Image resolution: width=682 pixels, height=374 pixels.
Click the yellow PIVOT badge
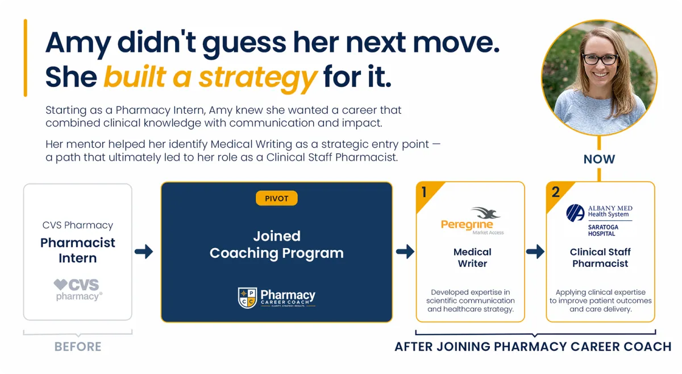(x=276, y=198)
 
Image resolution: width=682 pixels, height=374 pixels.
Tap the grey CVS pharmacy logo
(x=78, y=289)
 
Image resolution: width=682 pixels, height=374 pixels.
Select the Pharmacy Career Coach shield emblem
(x=247, y=298)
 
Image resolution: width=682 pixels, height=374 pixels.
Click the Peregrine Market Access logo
(x=472, y=221)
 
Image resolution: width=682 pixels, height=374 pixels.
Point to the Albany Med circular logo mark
(x=575, y=213)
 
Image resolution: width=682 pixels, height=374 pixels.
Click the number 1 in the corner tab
(x=424, y=192)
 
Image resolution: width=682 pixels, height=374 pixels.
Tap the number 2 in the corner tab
(x=556, y=192)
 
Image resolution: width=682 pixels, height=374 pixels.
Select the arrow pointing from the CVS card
(x=144, y=252)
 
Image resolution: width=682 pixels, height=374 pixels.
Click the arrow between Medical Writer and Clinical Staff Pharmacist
(x=535, y=252)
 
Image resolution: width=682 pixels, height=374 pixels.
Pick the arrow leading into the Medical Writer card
(x=405, y=252)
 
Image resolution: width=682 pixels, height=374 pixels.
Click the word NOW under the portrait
(x=599, y=159)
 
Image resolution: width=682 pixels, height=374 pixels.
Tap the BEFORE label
(x=78, y=347)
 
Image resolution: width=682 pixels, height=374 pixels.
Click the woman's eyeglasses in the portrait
(x=600, y=59)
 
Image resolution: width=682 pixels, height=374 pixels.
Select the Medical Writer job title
(x=472, y=258)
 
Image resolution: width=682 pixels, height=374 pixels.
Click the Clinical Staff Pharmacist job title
(x=600, y=258)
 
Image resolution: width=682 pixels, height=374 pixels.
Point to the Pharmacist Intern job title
(x=78, y=250)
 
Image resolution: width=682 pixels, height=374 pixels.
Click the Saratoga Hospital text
(x=603, y=231)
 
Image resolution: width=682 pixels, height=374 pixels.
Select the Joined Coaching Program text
(x=276, y=245)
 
